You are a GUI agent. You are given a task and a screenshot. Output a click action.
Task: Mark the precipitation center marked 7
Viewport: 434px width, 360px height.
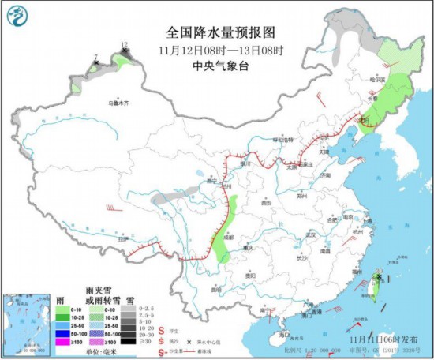click(x=95, y=62)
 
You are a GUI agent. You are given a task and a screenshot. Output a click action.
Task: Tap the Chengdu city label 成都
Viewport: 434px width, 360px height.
click(x=228, y=235)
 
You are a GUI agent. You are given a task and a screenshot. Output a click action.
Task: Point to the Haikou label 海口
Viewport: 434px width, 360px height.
click(x=274, y=335)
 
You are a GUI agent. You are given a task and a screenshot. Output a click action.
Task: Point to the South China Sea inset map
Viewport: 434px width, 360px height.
click(x=23, y=324)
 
